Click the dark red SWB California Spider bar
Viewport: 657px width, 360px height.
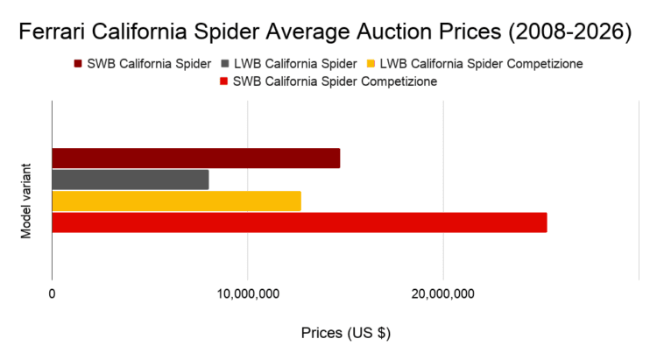pos(195,159)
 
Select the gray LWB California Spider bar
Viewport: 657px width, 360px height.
pos(131,180)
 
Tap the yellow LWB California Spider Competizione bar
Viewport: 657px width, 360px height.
pos(176,201)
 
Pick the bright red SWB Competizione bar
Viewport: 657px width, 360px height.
pos(299,222)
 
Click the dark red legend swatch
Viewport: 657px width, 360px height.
pos(80,64)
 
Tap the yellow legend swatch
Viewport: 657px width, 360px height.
pos(371,64)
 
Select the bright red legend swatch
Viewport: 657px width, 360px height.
pos(224,81)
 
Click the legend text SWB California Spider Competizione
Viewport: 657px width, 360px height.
pos(336,81)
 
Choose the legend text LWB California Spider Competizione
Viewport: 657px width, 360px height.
pos(482,64)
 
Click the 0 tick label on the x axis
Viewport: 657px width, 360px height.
pos(53,293)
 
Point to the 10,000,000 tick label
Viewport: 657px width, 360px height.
pos(248,293)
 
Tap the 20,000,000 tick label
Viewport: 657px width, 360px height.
pos(443,293)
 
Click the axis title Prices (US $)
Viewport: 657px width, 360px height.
pos(345,333)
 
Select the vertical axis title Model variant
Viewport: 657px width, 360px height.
pos(26,199)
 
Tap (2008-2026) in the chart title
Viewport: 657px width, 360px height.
pos(569,33)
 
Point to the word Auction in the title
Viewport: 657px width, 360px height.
pos(399,33)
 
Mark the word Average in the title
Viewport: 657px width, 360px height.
pos(322,33)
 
